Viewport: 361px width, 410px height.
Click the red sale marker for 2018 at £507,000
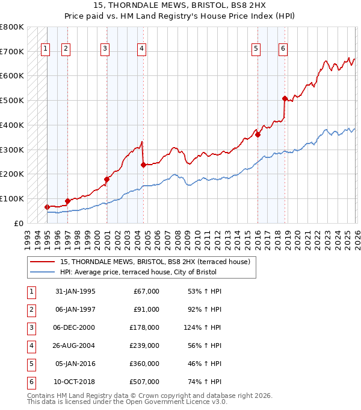coord(285,98)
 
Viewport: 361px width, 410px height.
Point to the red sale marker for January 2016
coord(258,134)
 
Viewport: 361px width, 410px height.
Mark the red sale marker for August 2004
coord(143,164)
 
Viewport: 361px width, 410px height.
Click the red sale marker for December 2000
coord(106,179)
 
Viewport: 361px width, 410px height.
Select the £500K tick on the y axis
coord(12,101)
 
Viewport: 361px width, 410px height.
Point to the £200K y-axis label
coord(12,174)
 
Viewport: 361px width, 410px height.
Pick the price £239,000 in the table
coord(144,345)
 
